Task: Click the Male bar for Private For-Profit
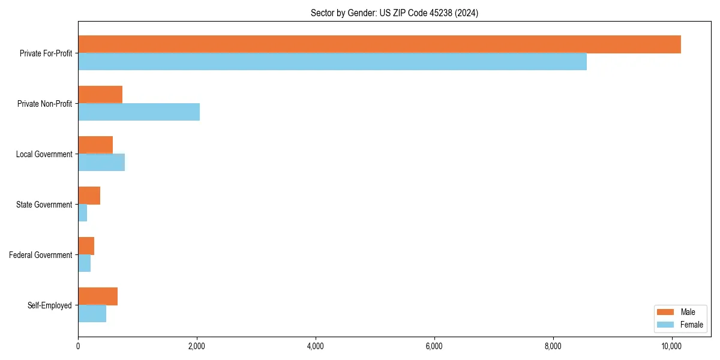pos(379,44)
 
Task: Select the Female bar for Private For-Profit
pos(332,62)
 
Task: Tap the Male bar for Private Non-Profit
pos(100,95)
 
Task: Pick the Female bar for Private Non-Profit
pos(139,112)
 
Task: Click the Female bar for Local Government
pos(101,163)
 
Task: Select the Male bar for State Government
pos(89,196)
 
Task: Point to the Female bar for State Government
pos(83,213)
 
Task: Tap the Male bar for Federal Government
pos(86,246)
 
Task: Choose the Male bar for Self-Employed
pos(98,296)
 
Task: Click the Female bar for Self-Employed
pos(92,314)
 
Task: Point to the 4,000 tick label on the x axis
pos(315,347)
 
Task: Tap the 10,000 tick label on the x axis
pos(671,347)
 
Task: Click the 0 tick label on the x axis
pos(78,347)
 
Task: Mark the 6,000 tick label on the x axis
pos(434,347)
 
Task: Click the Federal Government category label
pos(41,255)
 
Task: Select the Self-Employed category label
pos(50,305)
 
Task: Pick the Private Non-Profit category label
pos(44,104)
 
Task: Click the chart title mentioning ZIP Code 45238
pos(394,13)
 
